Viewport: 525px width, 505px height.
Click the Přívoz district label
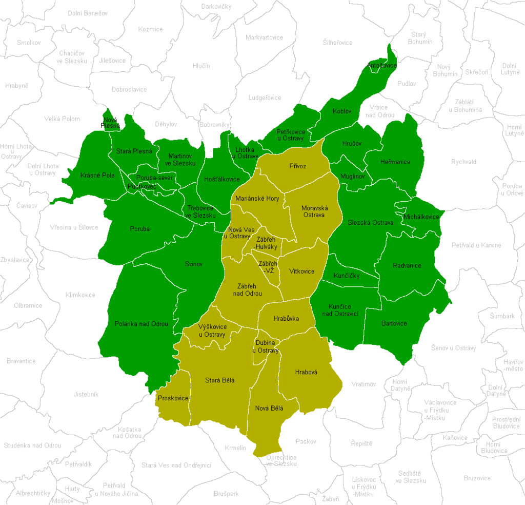point(297,166)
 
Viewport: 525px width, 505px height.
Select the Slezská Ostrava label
point(370,222)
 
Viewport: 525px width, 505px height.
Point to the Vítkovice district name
point(301,271)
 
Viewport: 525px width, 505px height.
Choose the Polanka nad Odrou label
point(138,324)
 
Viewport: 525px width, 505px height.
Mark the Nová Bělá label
point(269,408)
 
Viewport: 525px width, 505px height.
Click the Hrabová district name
point(306,372)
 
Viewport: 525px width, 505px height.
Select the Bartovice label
point(394,323)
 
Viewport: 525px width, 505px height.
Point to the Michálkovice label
point(421,217)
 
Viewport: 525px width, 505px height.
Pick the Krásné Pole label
point(97,175)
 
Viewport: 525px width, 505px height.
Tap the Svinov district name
point(194,264)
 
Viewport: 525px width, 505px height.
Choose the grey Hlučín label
point(201,65)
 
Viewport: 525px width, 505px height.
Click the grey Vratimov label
point(364,384)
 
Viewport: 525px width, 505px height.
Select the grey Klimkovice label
point(80,295)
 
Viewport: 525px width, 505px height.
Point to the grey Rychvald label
point(463,162)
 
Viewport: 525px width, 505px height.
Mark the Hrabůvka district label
point(286,319)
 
